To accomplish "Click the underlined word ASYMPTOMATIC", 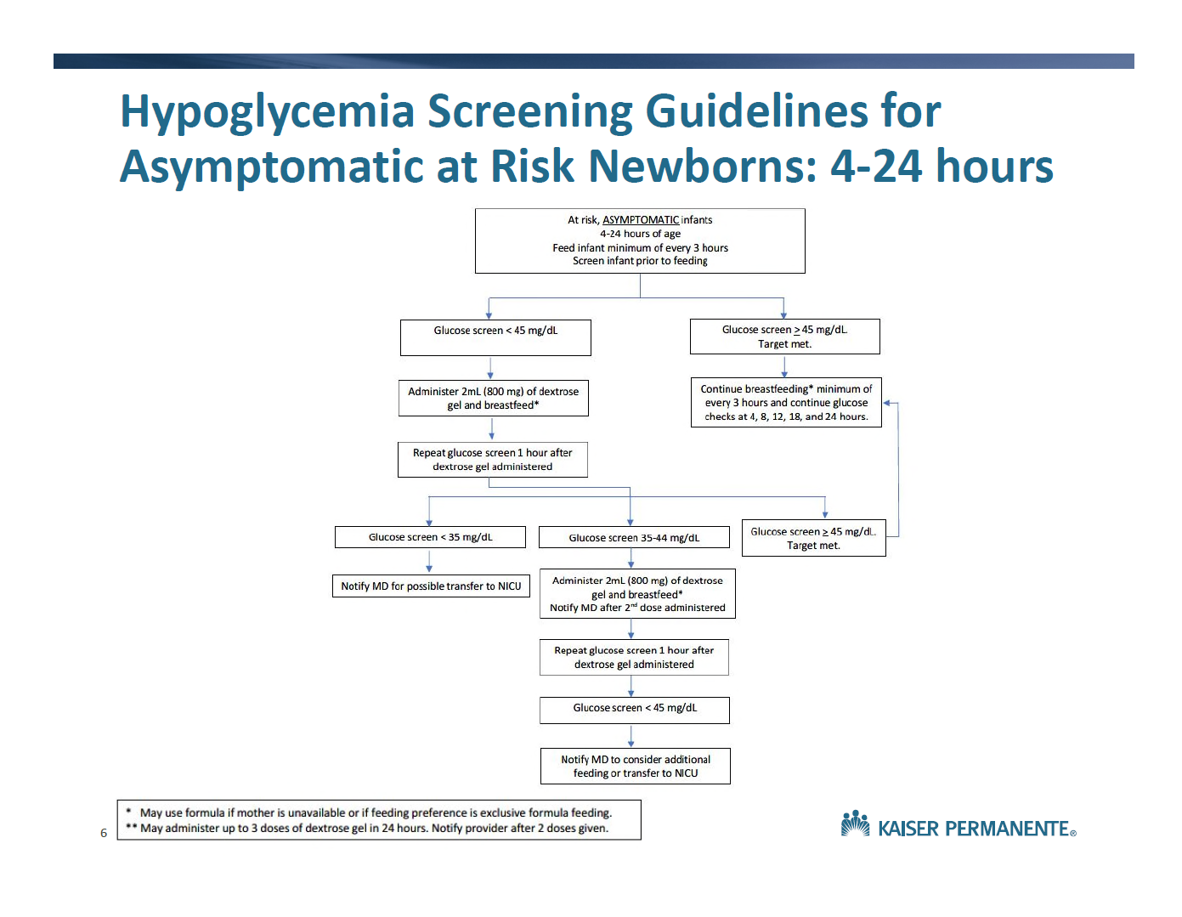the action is click(640, 220).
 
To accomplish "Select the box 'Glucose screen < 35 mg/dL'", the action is click(430, 537).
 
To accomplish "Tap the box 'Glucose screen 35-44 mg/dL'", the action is click(634, 537).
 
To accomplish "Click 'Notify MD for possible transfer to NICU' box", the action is click(431, 586).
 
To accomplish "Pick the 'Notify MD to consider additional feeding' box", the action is click(636, 766).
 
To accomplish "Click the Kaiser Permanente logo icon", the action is click(855, 824).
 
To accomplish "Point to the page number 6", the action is click(104, 833).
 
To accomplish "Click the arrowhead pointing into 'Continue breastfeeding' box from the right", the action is click(886, 403).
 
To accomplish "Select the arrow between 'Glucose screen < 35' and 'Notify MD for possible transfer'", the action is click(429, 561).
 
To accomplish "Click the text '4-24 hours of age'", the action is click(640, 234).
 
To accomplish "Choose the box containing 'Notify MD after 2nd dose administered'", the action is click(637, 593).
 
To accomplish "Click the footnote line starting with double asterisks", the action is click(367, 828).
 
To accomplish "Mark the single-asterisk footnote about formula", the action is click(369, 812).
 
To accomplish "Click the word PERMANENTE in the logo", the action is click(1007, 829).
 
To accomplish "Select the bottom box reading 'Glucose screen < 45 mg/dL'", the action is click(635, 710).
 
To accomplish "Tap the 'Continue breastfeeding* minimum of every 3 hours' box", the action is click(786, 403).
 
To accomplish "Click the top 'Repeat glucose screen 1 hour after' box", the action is click(492, 460).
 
